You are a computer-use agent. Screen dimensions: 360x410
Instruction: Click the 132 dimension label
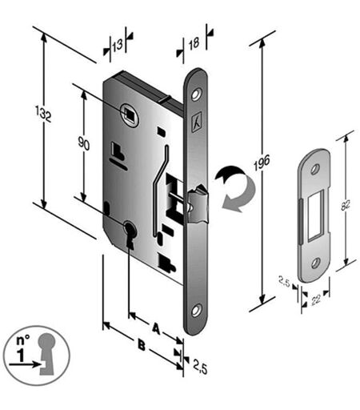(x=43, y=114)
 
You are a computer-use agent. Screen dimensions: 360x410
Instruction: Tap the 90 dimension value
(x=84, y=143)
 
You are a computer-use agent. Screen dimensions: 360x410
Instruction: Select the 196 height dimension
(x=262, y=163)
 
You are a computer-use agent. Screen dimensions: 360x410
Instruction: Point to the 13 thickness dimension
(x=118, y=45)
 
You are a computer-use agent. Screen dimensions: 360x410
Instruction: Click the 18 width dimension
(x=194, y=43)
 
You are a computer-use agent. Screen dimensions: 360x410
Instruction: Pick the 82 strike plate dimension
(x=346, y=205)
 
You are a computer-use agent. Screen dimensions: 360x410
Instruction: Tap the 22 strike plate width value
(x=316, y=299)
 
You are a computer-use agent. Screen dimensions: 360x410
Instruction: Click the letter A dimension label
(x=156, y=328)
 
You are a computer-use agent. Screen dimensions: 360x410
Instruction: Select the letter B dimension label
(x=142, y=345)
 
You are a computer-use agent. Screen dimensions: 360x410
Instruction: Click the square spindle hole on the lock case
(x=129, y=115)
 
